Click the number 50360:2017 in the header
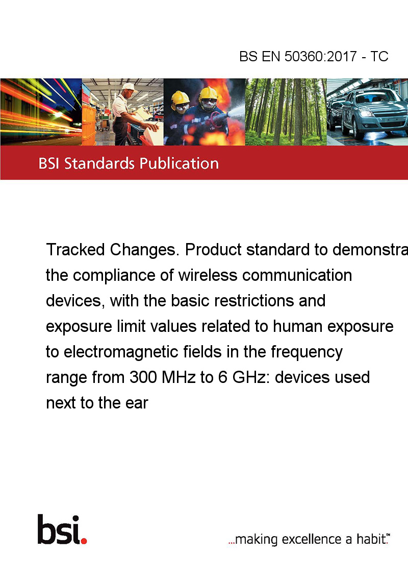[x=320, y=56]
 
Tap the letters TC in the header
[x=379, y=56]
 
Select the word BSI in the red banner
[x=49, y=163]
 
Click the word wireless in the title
[x=208, y=275]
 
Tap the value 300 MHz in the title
[x=162, y=377]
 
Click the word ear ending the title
[x=137, y=403]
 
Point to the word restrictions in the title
[x=254, y=301]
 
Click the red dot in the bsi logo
[x=84, y=541]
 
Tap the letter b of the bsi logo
[x=46, y=529]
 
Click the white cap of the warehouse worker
[x=129, y=87]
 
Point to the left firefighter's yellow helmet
[x=180, y=98]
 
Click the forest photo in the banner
[x=286, y=112]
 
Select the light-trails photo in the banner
[x=41, y=112]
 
